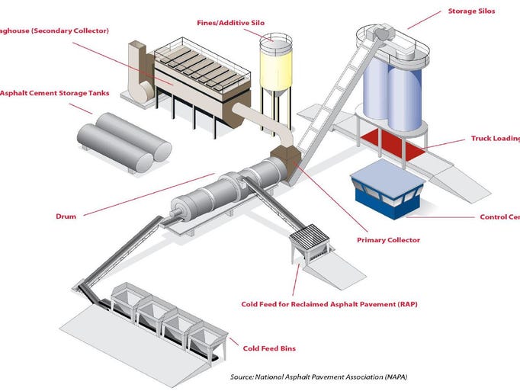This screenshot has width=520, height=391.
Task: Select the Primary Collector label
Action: coord(388,240)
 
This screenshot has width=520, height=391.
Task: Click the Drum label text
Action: coord(66,216)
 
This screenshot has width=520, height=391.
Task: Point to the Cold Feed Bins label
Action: coord(268,348)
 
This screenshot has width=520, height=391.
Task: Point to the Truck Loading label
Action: coord(495,140)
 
